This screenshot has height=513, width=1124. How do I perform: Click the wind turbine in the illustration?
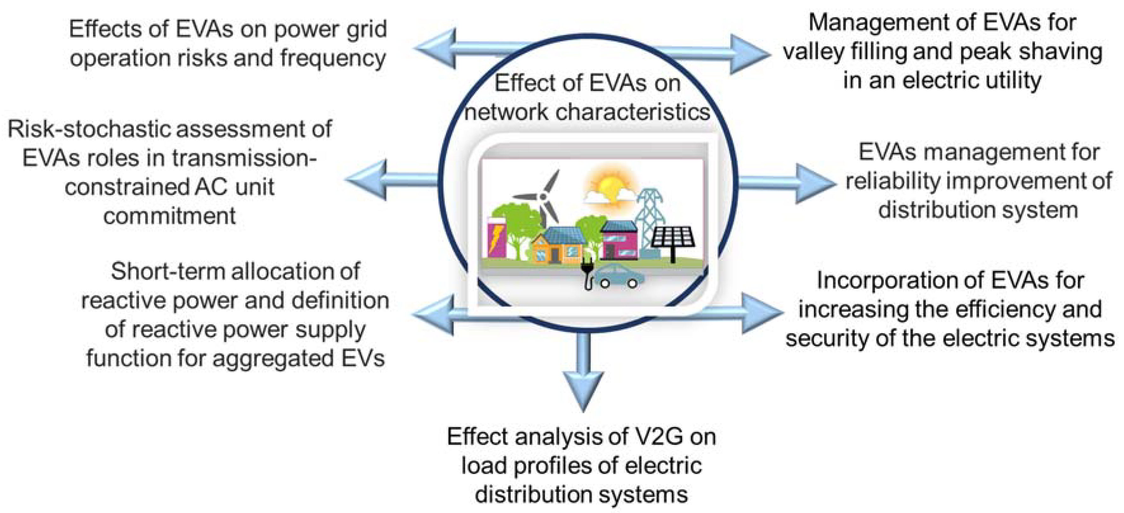point(543,197)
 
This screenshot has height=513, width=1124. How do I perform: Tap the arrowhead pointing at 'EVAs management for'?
point(812,183)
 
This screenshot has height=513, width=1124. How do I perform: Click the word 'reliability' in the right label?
point(893,181)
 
